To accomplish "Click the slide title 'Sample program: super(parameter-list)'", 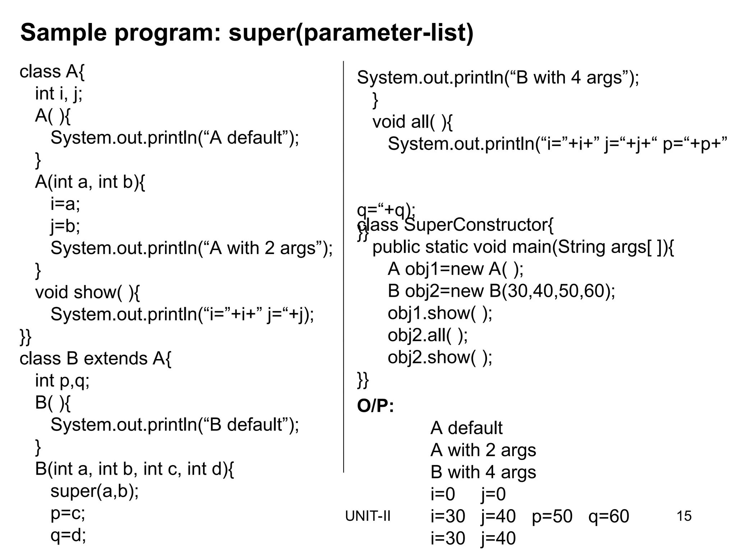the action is point(247,33).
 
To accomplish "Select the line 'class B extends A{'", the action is point(96,358).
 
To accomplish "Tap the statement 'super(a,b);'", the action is point(95,491).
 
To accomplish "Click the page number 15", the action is point(684,516).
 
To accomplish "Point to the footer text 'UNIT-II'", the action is point(368,516).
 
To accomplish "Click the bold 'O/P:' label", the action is point(375,406).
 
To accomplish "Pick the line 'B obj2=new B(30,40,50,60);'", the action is point(501,291).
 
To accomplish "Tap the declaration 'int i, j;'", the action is point(59,94).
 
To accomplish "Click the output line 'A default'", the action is point(466,428).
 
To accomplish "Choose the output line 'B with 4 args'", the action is point(483,472).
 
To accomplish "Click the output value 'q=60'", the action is point(609,516).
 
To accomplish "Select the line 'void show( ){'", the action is point(87,292).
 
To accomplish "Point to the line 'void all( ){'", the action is point(412,122).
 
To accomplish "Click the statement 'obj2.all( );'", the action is point(428,335).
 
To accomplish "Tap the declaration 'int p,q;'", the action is point(62,381).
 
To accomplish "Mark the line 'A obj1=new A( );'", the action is point(455,269).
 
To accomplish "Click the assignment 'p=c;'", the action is point(68,513).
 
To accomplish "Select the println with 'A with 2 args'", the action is point(192,248).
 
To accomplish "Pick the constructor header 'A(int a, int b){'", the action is point(90,182).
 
